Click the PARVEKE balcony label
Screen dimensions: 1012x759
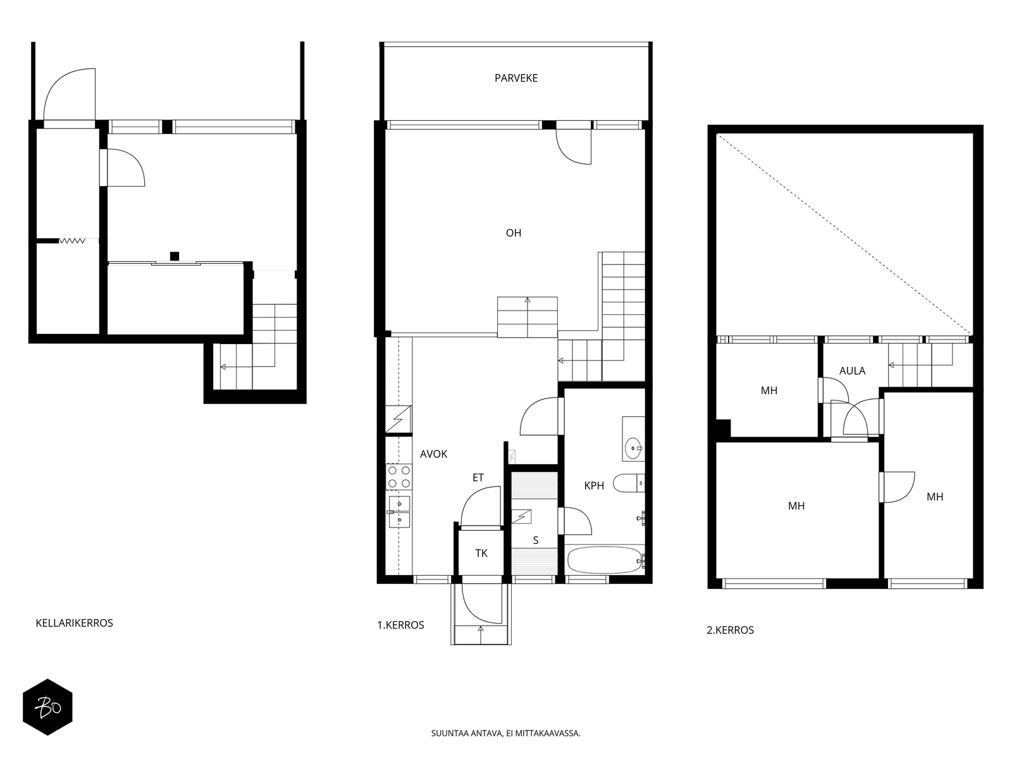[x=515, y=78]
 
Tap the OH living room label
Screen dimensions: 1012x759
[x=513, y=233]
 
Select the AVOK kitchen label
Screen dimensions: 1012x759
[x=433, y=454]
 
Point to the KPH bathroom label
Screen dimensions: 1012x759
[x=593, y=485]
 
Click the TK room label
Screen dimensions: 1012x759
[x=481, y=553]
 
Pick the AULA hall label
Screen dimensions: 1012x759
[x=852, y=371]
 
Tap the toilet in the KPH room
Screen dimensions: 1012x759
[x=629, y=483]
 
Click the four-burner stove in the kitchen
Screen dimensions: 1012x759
[x=399, y=476]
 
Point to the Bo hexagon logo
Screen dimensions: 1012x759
[x=47, y=707]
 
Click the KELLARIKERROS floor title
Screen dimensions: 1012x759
[x=74, y=623]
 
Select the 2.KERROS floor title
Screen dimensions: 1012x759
[x=730, y=630]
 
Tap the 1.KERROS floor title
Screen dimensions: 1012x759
[x=400, y=625]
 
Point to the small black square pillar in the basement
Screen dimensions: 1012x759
[x=175, y=256]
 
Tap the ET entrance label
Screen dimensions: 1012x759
[x=478, y=478]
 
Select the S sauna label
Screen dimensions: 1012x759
[x=535, y=540]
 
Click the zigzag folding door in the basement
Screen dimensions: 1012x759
[x=72, y=240]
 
